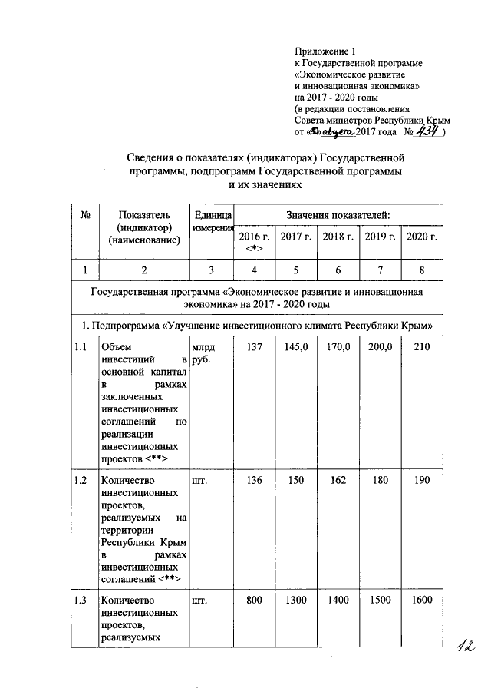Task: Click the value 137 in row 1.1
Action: coord(255,349)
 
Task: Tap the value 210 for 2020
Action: coord(422,349)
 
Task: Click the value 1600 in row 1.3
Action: coord(422,600)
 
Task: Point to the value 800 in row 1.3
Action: coord(255,600)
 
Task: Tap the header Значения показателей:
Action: coord(338,213)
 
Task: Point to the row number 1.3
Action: coord(80,600)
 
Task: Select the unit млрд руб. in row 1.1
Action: coord(203,354)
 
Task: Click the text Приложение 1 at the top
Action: coord(326,50)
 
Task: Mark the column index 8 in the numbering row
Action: coord(422,269)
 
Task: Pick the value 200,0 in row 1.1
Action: coord(380,349)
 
